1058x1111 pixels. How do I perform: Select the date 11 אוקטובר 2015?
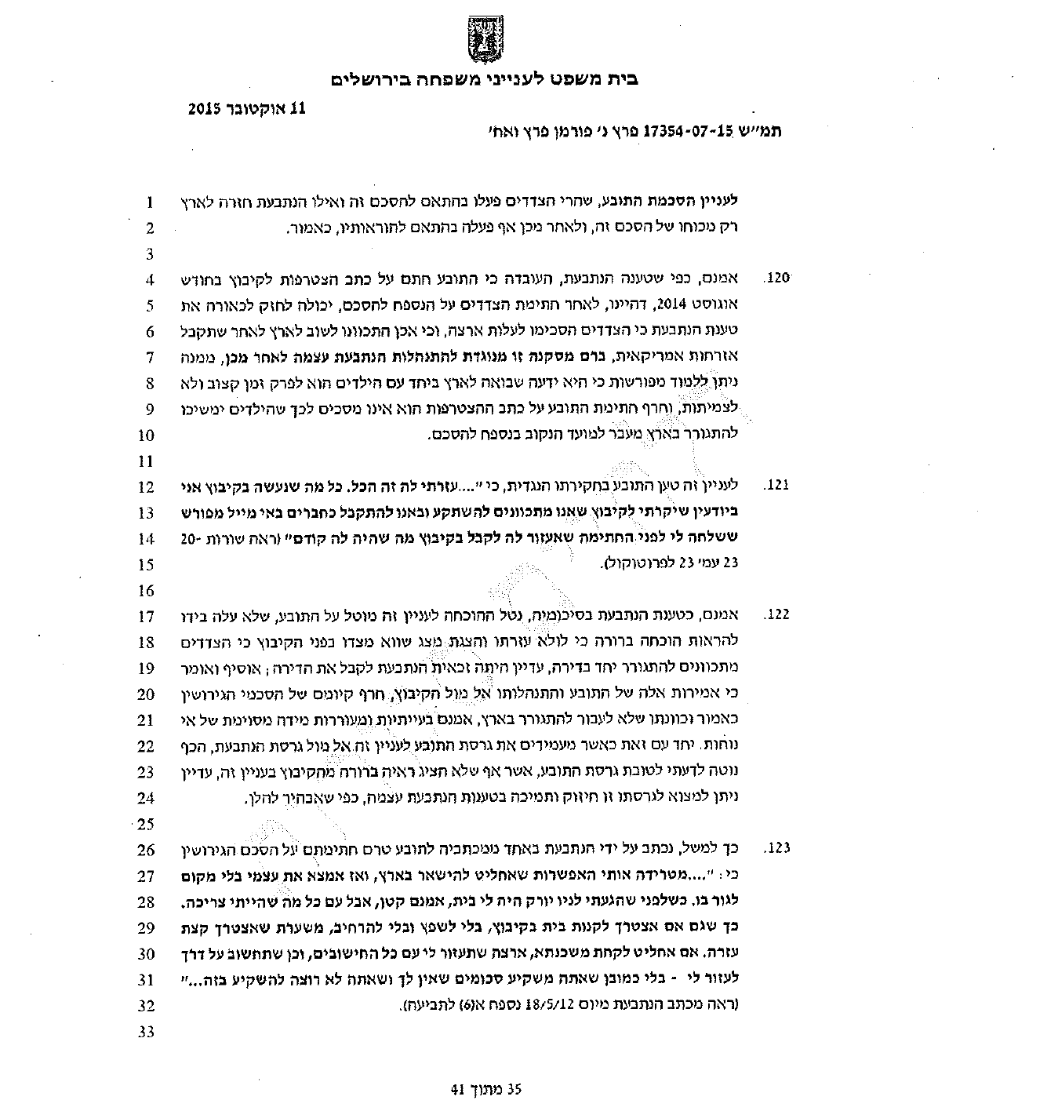[245, 109]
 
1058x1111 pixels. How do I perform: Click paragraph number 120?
[776, 279]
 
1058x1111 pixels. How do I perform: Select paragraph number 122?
[776, 615]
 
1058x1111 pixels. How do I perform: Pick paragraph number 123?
[776, 848]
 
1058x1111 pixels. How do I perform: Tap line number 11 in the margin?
[147, 461]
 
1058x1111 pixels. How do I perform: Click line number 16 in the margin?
[147, 590]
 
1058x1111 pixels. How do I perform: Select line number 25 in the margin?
[147, 824]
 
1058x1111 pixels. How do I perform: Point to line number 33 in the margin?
[147, 1032]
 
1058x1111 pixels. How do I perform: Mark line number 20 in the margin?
[147, 694]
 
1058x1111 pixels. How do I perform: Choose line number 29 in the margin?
[147, 927]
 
